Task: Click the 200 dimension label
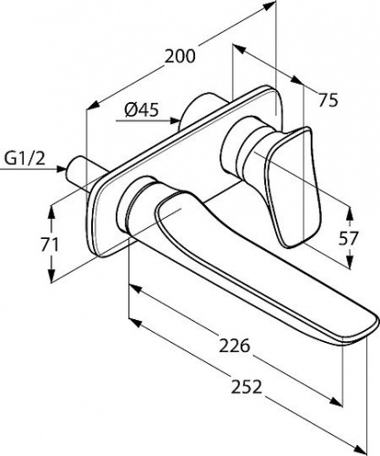click(x=180, y=57)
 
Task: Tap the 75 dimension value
click(x=328, y=99)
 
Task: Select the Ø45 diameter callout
click(x=141, y=109)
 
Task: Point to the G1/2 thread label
click(x=26, y=158)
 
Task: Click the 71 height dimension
click(x=49, y=244)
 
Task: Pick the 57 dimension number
click(x=349, y=238)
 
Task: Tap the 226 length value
click(x=234, y=346)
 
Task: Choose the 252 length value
click(x=246, y=387)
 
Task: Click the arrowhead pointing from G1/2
click(x=62, y=169)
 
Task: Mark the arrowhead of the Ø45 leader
click(x=175, y=120)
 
